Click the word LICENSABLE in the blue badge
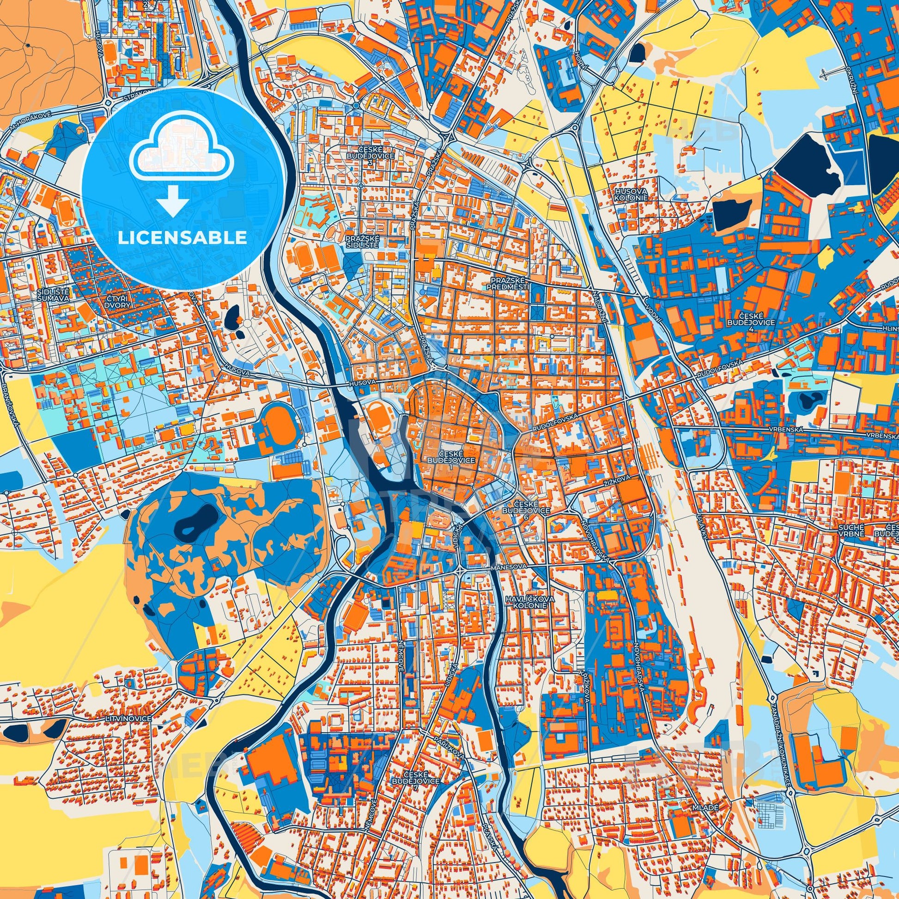[x=182, y=238]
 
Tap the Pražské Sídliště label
[x=363, y=241]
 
